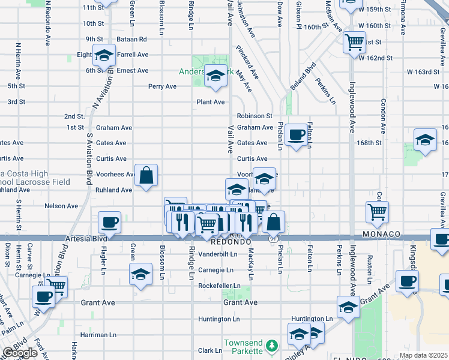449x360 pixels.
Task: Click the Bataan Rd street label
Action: click(x=133, y=39)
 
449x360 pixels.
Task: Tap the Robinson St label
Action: click(x=255, y=116)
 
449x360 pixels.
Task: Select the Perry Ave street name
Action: click(x=163, y=86)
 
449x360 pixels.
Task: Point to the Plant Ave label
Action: click(x=211, y=102)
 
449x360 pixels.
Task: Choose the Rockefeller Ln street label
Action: click(x=219, y=286)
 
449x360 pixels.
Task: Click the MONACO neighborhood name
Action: click(x=381, y=233)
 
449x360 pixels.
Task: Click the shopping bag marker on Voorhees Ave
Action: click(x=146, y=176)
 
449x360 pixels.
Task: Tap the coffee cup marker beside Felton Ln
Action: click(x=295, y=135)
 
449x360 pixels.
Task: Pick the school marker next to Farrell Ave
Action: click(x=104, y=56)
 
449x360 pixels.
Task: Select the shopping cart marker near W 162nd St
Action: click(x=354, y=42)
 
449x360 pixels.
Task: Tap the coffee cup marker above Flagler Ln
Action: click(x=109, y=223)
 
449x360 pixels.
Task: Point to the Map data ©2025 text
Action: click(x=424, y=355)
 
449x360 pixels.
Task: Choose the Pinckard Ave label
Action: click(x=247, y=62)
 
